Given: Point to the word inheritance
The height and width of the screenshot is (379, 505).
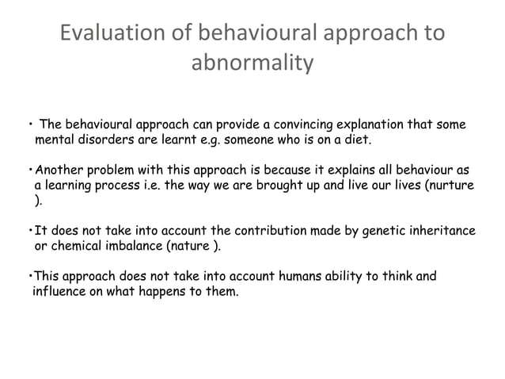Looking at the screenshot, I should pyautogui.click(x=443, y=231).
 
